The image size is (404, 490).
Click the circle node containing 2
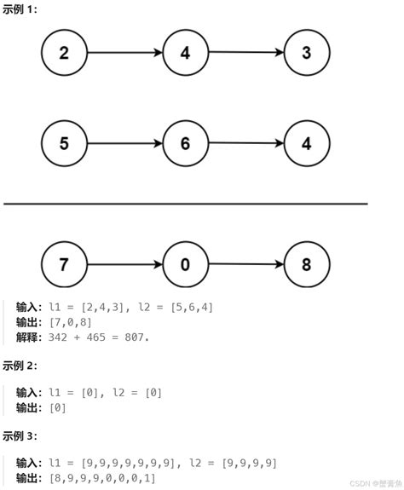pyautogui.click(x=64, y=53)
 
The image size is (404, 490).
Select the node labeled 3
pyautogui.click(x=306, y=53)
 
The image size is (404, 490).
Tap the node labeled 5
pyautogui.click(x=64, y=143)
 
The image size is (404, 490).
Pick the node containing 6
pyautogui.click(x=185, y=143)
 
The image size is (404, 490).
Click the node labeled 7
pyautogui.click(x=64, y=264)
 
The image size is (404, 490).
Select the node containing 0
pyautogui.click(x=185, y=264)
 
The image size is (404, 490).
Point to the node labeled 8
pyautogui.click(x=306, y=264)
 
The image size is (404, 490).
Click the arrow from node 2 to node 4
pyautogui.click(x=124, y=53)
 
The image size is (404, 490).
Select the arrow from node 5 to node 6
pyautogui.click(x=124, y=143)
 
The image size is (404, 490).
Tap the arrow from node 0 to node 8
pyautogui.click(x=245, y=264)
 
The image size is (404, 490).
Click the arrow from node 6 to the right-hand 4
pyautogui.click(x=245, y=143)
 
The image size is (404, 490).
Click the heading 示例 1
pyautogui.click(x=20, y=8)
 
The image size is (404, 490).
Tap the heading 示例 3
pyautogui.click(x=20, y=435)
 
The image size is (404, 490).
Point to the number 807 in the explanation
pyautogui.click(x=135, y=337)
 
